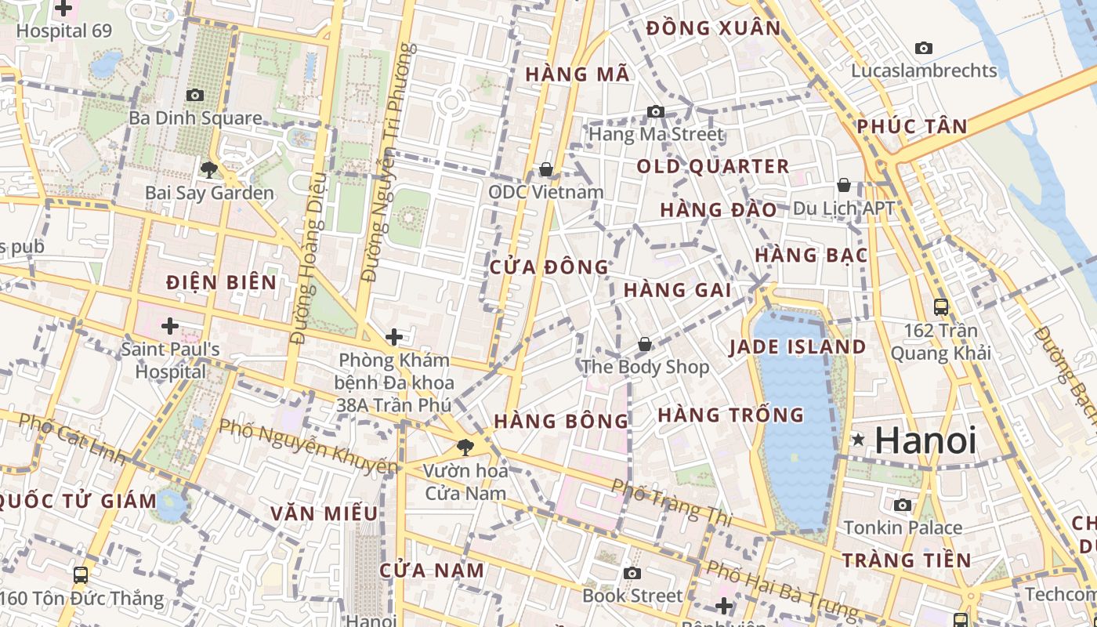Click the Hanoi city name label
click(x=925, y=440)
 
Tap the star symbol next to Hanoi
click(x=859, y=440)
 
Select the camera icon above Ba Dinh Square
click(x=195, y=96)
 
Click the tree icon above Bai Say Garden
click(x=208, y=169)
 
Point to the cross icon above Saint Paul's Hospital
click(x=170, y=325)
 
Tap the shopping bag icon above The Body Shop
click(x=644, y=344)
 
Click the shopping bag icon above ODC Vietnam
click(x=546, y=169)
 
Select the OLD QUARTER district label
click(x=712, y=166)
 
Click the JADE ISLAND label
click(x=797, y=347)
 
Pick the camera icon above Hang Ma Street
click(x=656, y=112)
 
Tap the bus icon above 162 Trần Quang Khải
click(x=941, y=307)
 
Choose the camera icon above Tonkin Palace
click(x=903, y=505)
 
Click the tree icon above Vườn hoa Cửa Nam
click(x=465, y=448)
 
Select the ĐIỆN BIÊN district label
click(x=222, y=282)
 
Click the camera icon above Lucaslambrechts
click(x=924, y=49)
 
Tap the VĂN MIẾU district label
click(x=324, y=513)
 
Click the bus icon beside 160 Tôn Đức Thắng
click(x=80, y=575)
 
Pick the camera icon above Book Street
click(x=632, y=573)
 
